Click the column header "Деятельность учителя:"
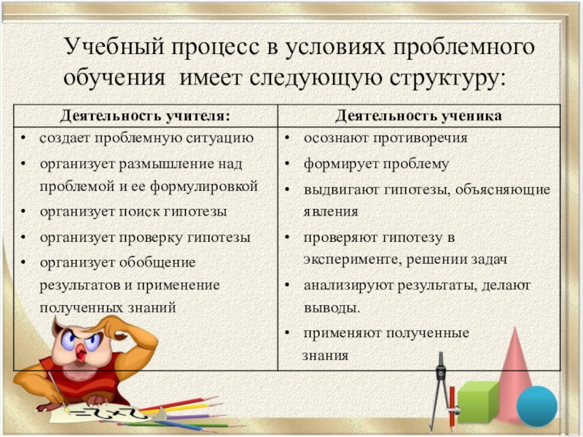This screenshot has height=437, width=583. [x=145, y=116]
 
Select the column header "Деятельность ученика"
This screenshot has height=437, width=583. [x=418, y=116]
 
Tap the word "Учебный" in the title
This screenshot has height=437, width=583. [x=114, y=47]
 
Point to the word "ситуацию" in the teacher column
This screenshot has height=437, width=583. [x=220, y=138]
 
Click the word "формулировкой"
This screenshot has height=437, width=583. [x=204, y=186]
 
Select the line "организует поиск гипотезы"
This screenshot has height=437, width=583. [x=133, y=212]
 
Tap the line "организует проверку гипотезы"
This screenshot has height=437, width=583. [x=145, y=238]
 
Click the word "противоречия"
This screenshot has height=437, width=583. [x=420, y=138]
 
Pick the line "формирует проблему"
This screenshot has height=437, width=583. [x=376, y=165]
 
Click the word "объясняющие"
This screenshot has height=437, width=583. [x=503, y=190]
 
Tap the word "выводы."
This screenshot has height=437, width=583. [x=332, y=308]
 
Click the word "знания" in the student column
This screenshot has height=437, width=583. [x=325, y=356]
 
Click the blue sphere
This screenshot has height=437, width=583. [x=537, y=406]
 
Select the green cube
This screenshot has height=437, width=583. [x=477, y=403]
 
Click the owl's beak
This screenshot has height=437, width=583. [x=82, y=353]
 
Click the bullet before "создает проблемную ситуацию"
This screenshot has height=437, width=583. [x=23, y=138]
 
